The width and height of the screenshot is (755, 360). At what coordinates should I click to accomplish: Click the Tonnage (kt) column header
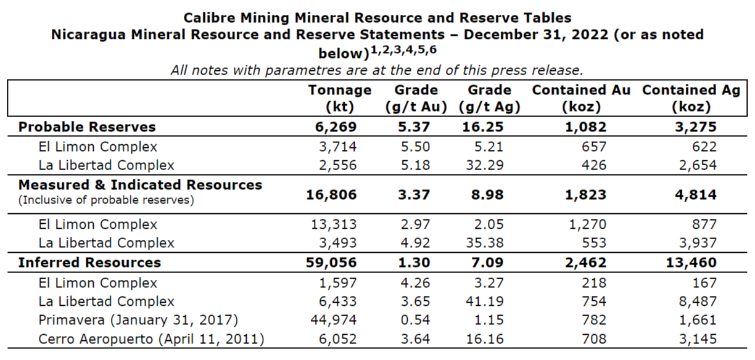[339, 98]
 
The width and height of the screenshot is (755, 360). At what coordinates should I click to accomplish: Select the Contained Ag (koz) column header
[691, 98]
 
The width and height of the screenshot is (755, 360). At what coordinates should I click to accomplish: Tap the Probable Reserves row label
[87, 127]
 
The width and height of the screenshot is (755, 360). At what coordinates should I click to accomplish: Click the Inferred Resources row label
[89, 263]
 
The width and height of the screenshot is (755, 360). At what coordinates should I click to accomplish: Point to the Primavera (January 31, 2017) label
[138, 321]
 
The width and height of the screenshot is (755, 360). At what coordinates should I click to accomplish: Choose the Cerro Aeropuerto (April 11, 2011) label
[151, 339]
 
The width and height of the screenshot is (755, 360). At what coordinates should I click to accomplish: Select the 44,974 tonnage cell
[336, 321]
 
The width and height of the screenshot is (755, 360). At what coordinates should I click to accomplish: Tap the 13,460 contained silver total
[691, 263]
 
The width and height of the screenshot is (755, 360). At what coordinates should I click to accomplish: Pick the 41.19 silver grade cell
[490, 302]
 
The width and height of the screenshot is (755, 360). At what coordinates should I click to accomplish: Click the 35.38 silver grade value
[490, 243]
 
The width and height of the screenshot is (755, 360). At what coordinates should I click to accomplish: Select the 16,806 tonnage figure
[331, 195]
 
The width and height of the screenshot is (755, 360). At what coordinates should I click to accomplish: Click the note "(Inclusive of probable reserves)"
[106, 200]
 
